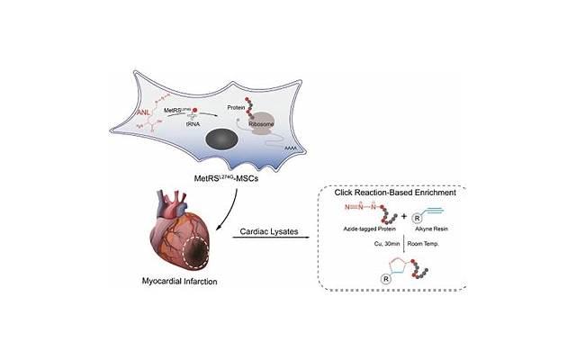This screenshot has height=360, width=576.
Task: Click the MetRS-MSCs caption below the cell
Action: coord(231,180)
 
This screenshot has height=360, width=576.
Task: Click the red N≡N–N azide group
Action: coord(355,213)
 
